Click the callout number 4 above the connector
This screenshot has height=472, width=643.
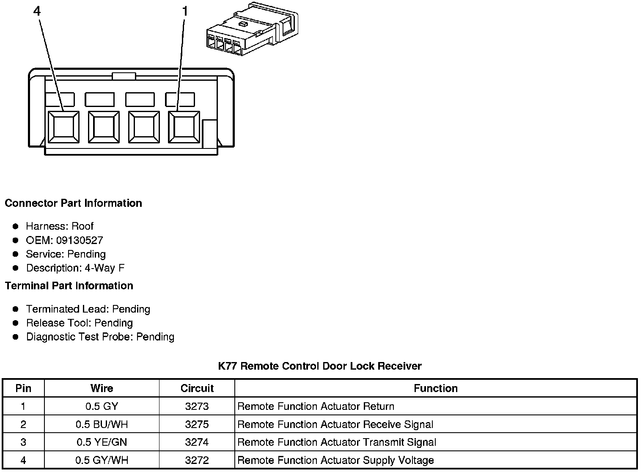click(x=37, y=11)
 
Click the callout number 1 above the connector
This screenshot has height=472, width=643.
click(x=185, y=11)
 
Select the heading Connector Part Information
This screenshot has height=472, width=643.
click(x=73, y=203)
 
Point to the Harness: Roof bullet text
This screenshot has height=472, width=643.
click(x=60, y=226)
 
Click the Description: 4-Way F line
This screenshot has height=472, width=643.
click(x=75, y=268)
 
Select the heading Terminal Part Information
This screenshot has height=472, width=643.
click(x=69, y=286)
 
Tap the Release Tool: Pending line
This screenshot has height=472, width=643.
click(x=80, y=323)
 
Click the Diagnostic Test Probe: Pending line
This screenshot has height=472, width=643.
click(x=100, y=337)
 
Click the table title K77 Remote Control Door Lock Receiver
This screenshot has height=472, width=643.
click(x=320, y=366)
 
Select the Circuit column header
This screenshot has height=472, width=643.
click(x=197, y=388)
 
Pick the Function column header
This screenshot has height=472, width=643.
click(x=436, y=388)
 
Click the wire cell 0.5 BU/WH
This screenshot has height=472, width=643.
click(x=102, y=425)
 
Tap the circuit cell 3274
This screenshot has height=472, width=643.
click(x=197, y=442)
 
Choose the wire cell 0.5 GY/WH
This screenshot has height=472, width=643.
click(x=102, y=460)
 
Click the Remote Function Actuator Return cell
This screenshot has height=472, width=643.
click(x=316, y=407)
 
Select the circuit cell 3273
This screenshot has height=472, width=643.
click(x=197, y=407)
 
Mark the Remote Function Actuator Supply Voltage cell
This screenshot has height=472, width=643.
click(x=336, y=460)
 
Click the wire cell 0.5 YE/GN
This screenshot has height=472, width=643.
click(x=102, y=442)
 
